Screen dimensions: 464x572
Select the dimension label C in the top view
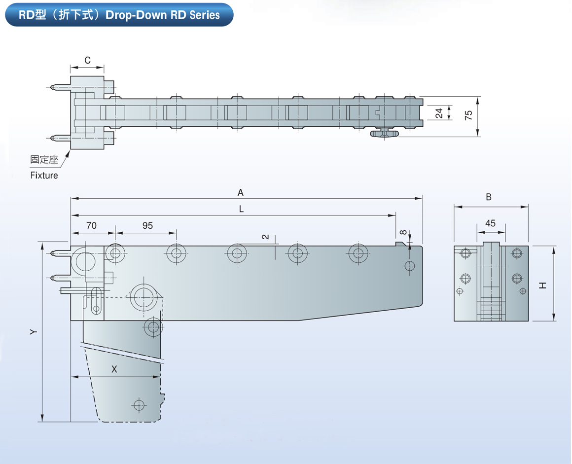tap(87, 61)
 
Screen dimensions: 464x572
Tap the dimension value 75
tap(468, 115)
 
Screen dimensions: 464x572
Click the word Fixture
tap(44, 175)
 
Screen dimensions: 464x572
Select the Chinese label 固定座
tap(44, 160)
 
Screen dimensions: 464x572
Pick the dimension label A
tap(241, 192)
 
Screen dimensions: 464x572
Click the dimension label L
tap(241, 209)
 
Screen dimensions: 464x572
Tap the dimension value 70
tap(91, 226)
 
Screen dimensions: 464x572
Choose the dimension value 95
tap(147, 226)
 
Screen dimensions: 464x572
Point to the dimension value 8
tap(403, 232)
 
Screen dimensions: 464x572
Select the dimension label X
tap(114, 369)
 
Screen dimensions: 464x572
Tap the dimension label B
tap(489, 197)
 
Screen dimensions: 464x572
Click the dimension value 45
tap(490, 223)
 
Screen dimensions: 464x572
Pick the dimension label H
tap(542, 285)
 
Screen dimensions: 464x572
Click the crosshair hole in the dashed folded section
tap(139, 405)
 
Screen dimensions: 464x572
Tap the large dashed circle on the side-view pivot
tap(144, 297)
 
